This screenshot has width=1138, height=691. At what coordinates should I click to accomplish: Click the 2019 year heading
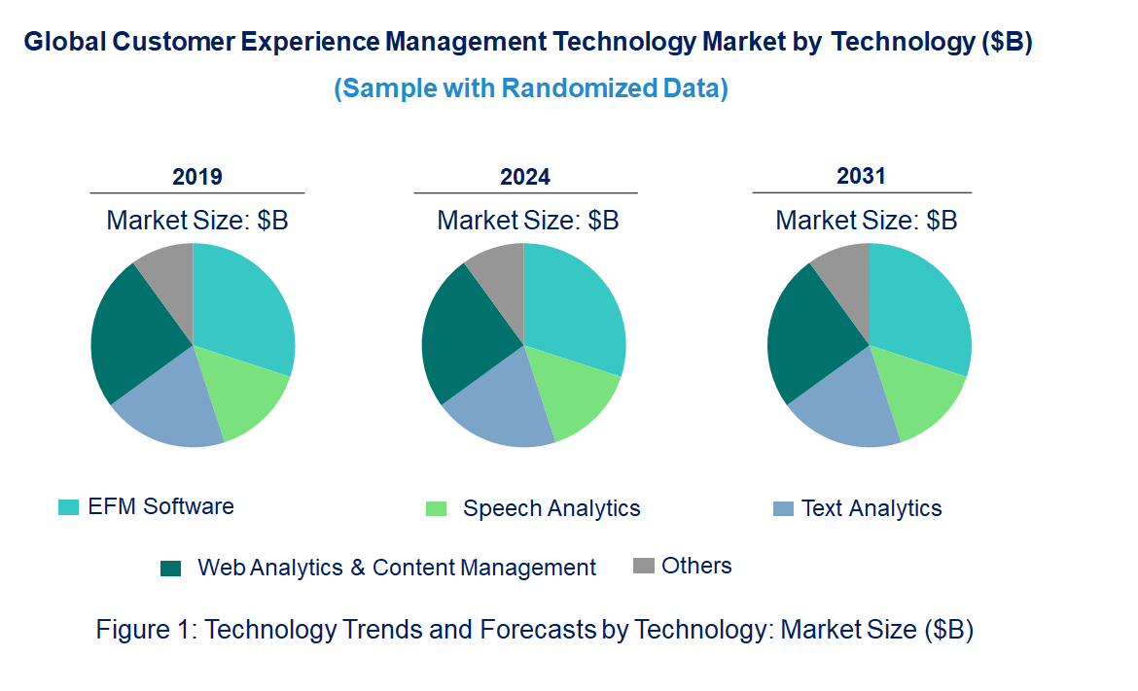click(196, 177)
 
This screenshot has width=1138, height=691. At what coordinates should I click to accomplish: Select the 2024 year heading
click(525, 177)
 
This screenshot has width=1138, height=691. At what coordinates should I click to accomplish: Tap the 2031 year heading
click(862, 176)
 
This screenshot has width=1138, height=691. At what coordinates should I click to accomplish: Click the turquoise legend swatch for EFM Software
click(68, 507)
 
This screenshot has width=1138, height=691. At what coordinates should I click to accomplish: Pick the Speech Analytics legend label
click(551, 508)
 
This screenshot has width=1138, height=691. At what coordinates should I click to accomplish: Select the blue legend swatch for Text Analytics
click(783, 508)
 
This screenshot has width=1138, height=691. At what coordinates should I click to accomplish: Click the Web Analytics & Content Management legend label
click(397, 568)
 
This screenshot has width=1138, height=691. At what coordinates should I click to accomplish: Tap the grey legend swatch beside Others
click(643, 566)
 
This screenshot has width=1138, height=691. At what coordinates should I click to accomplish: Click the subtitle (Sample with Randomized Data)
click(531, 88)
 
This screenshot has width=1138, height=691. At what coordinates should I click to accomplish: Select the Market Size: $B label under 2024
click(527, 220)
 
